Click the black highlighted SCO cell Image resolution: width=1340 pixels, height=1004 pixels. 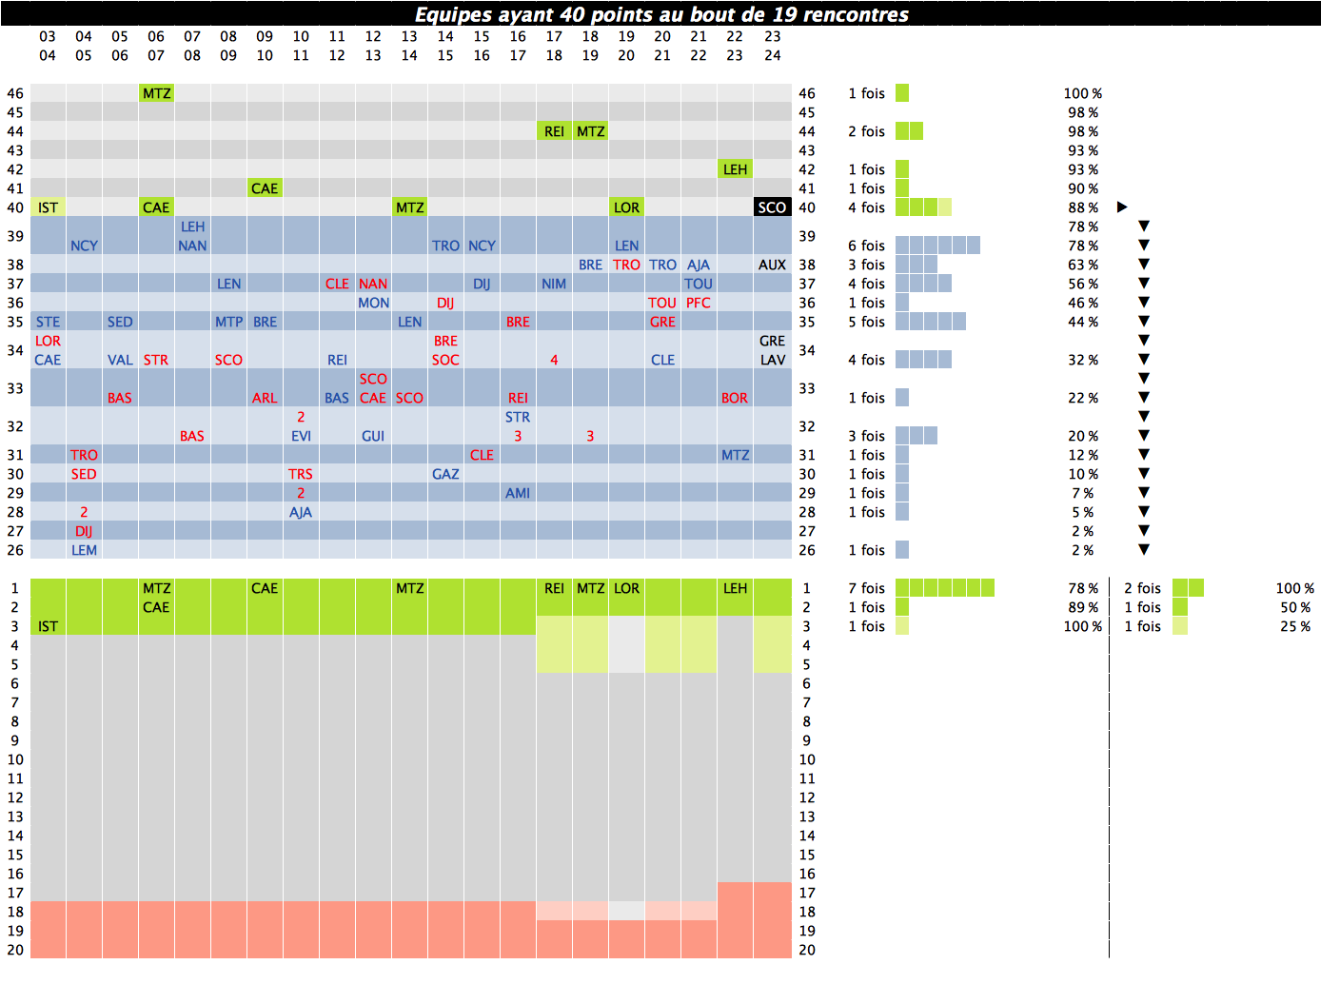point(772,207)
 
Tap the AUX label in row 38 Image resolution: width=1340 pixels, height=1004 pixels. point(772,265)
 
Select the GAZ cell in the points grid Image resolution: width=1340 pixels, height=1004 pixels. point(445,474)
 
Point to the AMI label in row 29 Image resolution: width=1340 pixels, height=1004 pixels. point(518,493)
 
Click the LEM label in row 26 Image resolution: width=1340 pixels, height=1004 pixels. point(84,550)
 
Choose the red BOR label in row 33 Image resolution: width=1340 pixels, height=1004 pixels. point(734,398)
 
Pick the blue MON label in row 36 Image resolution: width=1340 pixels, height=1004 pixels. point(373,303)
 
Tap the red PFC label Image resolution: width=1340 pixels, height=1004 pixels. point(698,303)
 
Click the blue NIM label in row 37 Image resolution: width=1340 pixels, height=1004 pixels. point(554,284)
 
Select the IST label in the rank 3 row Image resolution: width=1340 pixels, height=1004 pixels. point(48,626)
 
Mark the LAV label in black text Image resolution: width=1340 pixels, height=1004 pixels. point(772,360)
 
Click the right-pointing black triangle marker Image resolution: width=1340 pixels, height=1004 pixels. point(1122,207)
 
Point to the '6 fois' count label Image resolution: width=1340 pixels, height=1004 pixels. point(866,246)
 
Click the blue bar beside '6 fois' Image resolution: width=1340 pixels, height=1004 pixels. point(937,246)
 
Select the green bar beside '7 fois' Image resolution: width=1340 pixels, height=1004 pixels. point(944,588)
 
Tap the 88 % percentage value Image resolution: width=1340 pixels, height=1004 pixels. point(1082,207)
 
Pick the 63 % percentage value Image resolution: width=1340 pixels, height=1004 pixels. point(1082,265)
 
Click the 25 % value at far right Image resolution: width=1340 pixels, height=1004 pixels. point(1294,626)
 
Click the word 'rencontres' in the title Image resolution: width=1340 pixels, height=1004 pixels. point(854,14)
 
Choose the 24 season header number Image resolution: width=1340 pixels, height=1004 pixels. point(772,55)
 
